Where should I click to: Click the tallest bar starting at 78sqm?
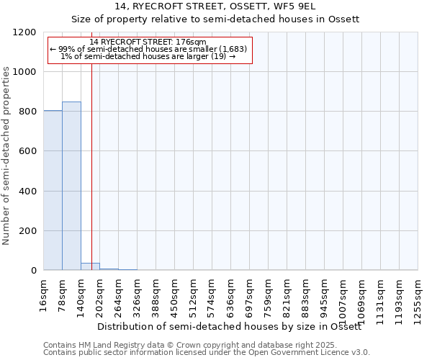click(x=71, y=186)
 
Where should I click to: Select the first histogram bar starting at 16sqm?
click(x=53, y=190)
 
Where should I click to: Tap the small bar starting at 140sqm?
click(x=90, y=266)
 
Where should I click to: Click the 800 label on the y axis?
click(x=29, y=112)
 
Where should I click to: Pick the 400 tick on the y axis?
click(x=29, y=192)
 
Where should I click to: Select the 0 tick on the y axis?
click(x=34, y=271)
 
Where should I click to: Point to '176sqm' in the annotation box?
click(x=193, y=42)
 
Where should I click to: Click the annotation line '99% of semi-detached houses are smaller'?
click(x=149, y=49)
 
